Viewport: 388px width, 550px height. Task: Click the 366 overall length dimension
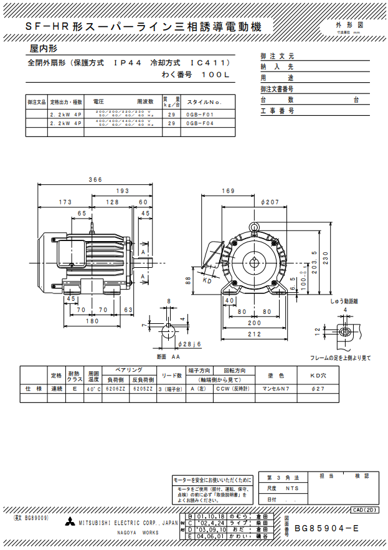click(x=95, y=180)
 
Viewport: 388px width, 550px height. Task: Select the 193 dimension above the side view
click(x=122, y=191)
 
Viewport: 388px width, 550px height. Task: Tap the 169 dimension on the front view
click(x=228, y=191)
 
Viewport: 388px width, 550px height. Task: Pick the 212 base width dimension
click(x=254, y=334)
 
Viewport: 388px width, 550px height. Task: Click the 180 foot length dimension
click(x=92, y=321)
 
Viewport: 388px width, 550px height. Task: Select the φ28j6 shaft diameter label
click(x=188, y=343)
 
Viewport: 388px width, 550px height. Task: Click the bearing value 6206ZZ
click(x=115, y=388)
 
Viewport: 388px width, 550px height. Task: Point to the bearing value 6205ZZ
click(x=143, y=388)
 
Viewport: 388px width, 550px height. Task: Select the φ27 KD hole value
click(x=319, y=388)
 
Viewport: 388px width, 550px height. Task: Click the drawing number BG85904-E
click(x=326, y=528)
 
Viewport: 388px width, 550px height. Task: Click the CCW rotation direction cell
click(x=237, y=388)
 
